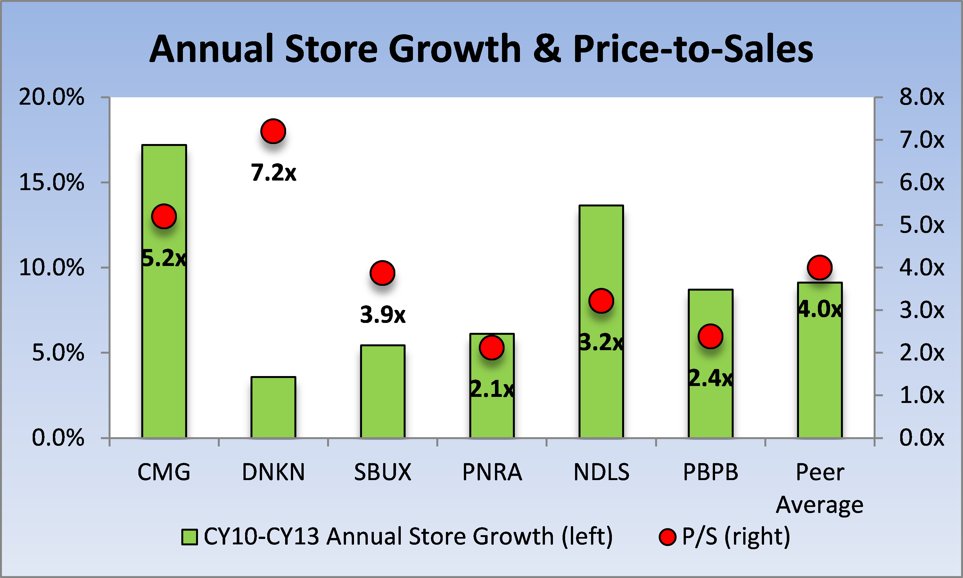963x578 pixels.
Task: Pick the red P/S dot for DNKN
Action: (x=273, y=131)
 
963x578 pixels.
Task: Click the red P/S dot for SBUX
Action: (x=383, y=273)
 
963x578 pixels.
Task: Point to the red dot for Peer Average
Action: (x=819, y=268)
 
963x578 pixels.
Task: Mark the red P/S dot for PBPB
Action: (x=710, y=336)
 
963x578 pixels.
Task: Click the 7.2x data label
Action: (x=273, y=173)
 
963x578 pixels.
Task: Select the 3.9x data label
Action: (x=383, y=315)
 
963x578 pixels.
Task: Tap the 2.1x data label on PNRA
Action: (x=492, y=389)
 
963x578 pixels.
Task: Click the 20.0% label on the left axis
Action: (x=52, y=97)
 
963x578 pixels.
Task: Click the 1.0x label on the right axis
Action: (x=922, y=395)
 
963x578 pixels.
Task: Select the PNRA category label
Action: (x=492, y=472)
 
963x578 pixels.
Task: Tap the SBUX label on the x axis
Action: (x=383, y=472)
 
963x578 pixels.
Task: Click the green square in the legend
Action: (x=189, y=537)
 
